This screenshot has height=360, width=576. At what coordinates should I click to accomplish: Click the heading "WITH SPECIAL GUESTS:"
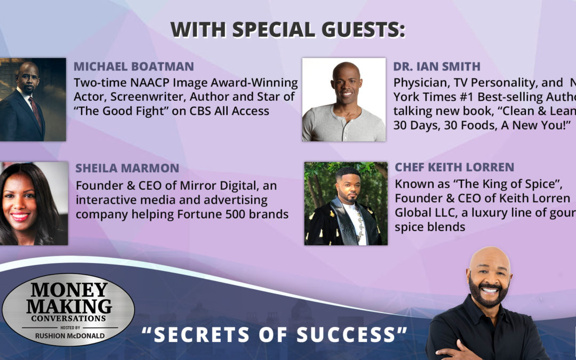tap(288, 30)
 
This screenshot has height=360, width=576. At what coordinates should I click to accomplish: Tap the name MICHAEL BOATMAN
tap(134, 67)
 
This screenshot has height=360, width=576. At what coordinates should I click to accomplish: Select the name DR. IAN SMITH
tap(437, 67)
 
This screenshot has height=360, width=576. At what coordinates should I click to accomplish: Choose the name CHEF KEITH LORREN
tap(454, 167)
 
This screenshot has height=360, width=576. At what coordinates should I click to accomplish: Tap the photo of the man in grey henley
tap(343, 100)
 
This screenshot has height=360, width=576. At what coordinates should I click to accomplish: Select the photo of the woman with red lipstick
tap(33, 204)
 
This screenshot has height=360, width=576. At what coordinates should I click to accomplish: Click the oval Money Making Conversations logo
tap(68, 309)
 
